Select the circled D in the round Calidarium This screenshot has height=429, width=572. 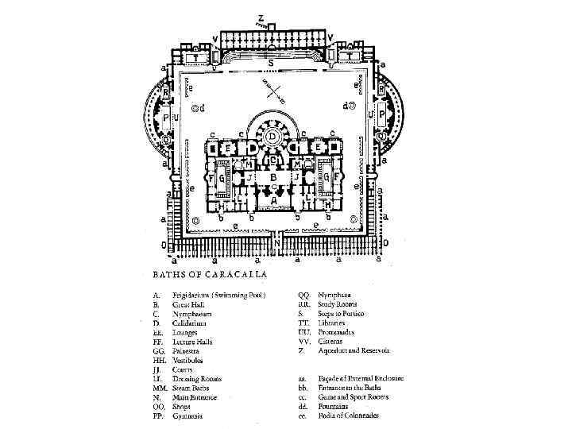tap(272, 136)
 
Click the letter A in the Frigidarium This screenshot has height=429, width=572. tap(274, 202)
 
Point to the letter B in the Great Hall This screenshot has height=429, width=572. tap(273, 176)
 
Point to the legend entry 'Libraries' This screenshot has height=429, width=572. tap(334, 323)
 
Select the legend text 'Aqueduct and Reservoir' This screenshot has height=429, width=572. tap(354, 351)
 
